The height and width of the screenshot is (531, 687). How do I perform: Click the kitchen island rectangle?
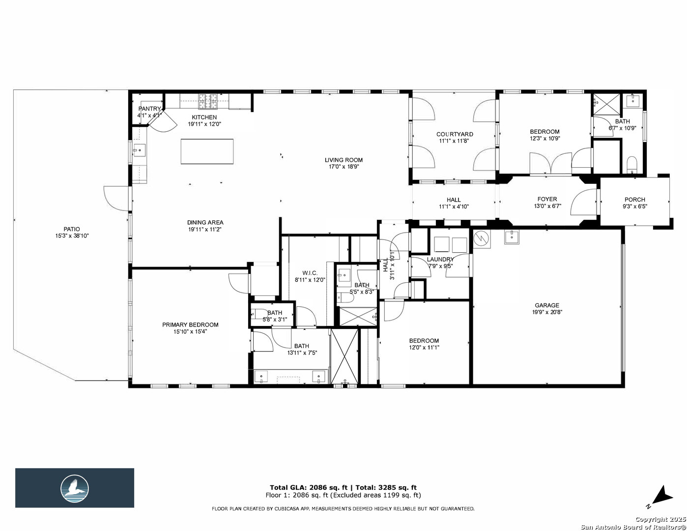207,151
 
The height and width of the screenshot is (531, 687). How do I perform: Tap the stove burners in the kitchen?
208,101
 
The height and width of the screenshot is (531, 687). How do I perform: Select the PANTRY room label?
149,109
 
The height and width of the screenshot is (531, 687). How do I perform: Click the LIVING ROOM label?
343,160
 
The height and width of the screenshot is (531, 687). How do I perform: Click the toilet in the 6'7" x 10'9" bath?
631,165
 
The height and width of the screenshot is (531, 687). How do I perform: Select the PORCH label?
635,200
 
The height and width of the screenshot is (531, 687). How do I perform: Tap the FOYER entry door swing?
584,202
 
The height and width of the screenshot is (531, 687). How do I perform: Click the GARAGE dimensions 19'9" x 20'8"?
547,312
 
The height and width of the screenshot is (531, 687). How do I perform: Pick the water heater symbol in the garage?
482,239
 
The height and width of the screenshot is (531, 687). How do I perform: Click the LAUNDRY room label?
440,259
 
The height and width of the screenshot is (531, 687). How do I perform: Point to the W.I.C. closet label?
310,273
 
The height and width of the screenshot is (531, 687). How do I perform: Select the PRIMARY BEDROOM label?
190,325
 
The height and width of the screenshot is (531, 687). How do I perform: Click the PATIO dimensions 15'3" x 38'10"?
72,236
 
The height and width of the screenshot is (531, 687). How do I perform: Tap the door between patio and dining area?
117,199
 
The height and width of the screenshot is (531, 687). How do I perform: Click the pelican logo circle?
75,489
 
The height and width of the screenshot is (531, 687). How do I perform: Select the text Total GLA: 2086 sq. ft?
308,487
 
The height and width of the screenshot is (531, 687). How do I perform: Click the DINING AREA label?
205,222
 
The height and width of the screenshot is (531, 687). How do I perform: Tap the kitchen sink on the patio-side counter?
139,150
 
